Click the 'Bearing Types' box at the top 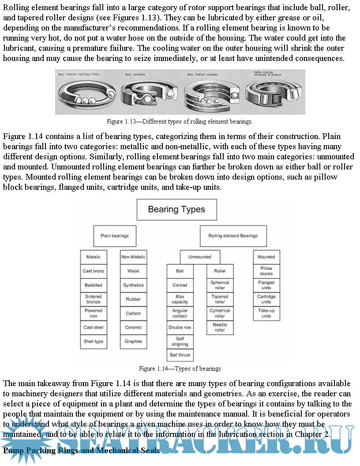pyautogui.click(x=176, y=209)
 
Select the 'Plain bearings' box pyautogui.click(x=114, y=236)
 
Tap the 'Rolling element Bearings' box pyautogui.click(x=233, y=236)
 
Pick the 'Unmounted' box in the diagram pyautogui.click(x=199, y=257)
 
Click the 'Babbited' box pyautogui.click(x=94, y=285)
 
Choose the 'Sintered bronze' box pyautogui.click(x=94, y=299)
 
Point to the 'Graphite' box pyautogui.click(x=133, y=342)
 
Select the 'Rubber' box pyautogui.click(x=133, y=299)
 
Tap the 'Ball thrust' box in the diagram pyautogui.click(x=180, y=355)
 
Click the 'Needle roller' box pyautogui.click(x=220, y=327)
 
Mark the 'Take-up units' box pyautogui.click(x=266, y=313)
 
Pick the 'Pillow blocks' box pyautogui.click(x=266, y=271)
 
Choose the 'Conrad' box pyautogui.click(x=180, y=285)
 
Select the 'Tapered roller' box pyautogui.click(x=220, y=299)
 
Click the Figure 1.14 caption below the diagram pyautogui.click(x=180, y=368)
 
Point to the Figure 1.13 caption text pyautogui.click(x=180, y=121)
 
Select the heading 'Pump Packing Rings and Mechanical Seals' pyautogui.click(x=82, y=451)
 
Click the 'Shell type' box pyautogui.click(x=94, y=342)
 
